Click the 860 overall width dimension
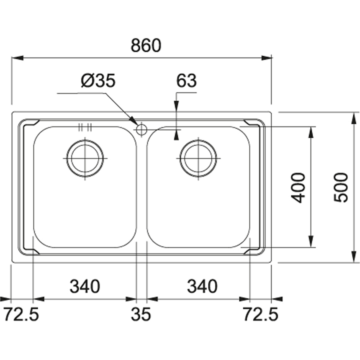(145, 46)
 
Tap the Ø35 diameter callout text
(98, 81)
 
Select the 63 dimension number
(186, 81)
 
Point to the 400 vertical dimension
(299, 187)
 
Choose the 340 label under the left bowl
(85, 287)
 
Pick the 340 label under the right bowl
(202, 287)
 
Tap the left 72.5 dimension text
(21, 314)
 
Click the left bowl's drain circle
(85, 158)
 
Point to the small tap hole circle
(141, 129)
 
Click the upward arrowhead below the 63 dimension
(177, 135)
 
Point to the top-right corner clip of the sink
(253, 124)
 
